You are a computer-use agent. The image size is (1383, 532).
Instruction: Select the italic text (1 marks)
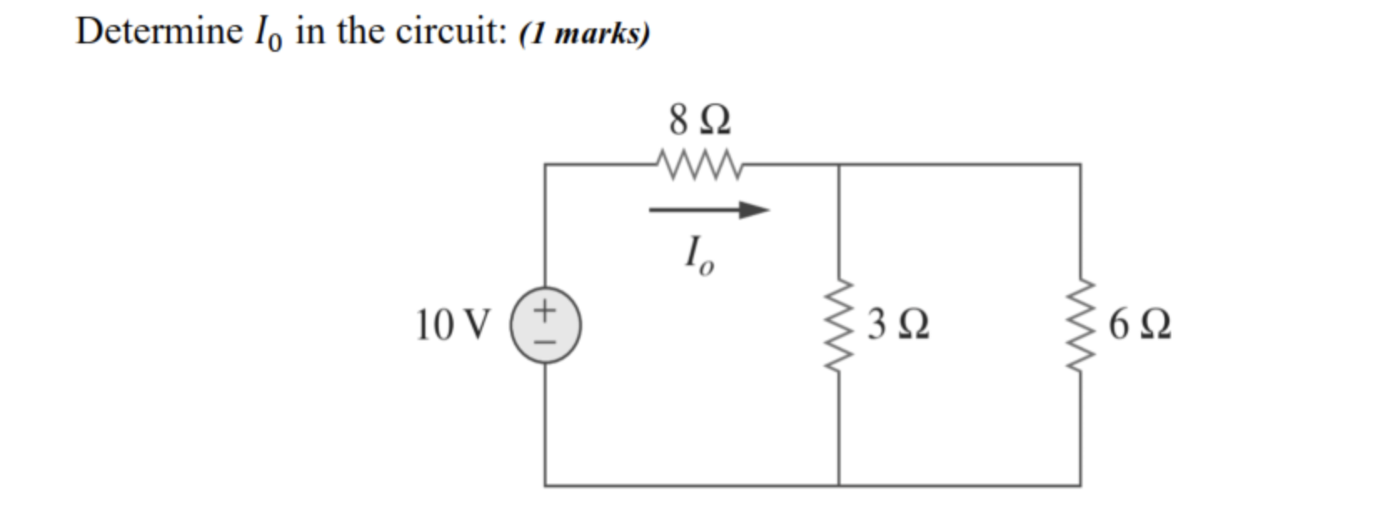(x=584, y=33)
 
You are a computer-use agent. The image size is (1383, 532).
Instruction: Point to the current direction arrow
(x=709, y=210)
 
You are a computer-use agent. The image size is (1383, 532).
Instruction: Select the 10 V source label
(x=454, y=325)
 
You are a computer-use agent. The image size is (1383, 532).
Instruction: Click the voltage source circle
(x=546, y=325)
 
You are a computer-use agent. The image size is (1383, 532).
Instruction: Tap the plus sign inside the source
(x=545, y=311)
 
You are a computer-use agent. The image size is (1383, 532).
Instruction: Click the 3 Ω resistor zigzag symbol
(x=838, y=325)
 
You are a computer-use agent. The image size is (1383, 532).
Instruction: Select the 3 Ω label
(x=898, y=325)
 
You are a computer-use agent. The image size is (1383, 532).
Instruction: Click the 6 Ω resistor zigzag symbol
(x=1080, y=325)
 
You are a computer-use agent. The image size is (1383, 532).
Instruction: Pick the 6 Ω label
(x=1140, y=325)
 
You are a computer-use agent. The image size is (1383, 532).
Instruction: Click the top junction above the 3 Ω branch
(x=838, y=164)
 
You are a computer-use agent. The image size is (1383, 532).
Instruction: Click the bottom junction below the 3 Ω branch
(x=838, y=485)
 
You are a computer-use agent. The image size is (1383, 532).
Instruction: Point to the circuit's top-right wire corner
(x=1080, y=164)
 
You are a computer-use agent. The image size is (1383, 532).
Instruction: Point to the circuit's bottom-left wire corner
(x=546, y=485)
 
